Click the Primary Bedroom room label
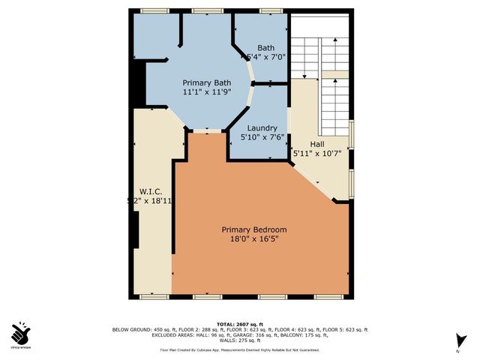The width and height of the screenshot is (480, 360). [x=253, y=229]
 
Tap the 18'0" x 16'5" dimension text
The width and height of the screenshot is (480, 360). [x=253, y=239]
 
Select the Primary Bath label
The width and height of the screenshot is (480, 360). [x=207, y=82]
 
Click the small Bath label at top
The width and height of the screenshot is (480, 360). [x=265, y=46]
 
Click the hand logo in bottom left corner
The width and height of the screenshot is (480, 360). [x=22, y=333]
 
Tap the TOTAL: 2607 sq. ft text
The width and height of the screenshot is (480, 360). [x=240, y=323]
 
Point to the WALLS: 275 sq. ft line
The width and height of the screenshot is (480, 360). [x=239, y=342]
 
